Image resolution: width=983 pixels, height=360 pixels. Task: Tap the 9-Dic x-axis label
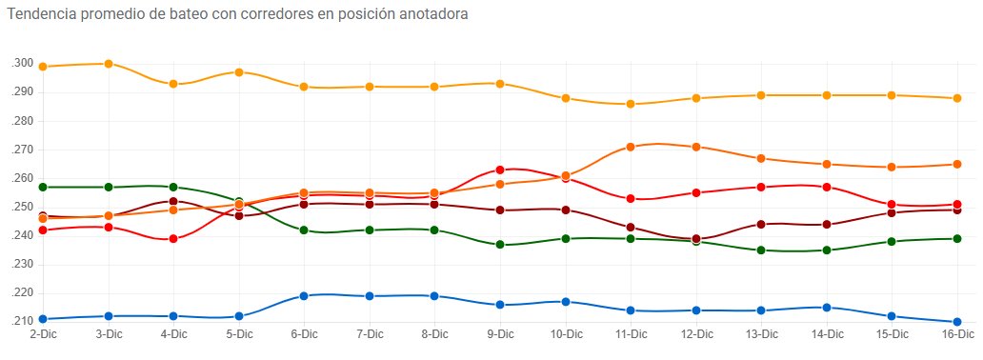(500, 334)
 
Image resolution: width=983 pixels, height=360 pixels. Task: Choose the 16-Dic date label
(957, 334)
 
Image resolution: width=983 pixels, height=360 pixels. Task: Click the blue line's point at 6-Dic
(304, 296)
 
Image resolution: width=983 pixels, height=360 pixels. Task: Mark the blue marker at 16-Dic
(957, 322)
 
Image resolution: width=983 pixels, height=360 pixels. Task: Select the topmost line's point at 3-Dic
(109, 64)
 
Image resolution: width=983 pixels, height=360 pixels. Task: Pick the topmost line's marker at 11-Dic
(631, 104)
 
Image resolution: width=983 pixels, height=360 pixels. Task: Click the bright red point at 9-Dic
(500, 170)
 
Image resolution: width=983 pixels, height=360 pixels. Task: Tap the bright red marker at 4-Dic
(173, 239)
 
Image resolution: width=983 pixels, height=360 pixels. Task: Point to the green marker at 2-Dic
(44, 187)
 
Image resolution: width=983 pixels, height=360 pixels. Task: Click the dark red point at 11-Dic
(631, 228)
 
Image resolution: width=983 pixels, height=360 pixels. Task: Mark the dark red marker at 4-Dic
(173, 202)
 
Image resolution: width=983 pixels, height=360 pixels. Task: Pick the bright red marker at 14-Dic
(827, 187)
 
